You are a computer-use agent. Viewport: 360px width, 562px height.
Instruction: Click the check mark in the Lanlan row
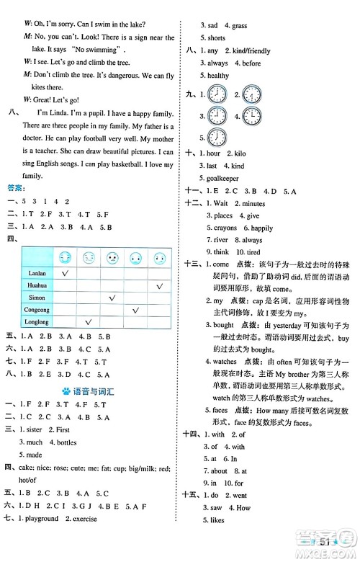66,273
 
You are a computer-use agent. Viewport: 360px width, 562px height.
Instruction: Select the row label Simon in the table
36,297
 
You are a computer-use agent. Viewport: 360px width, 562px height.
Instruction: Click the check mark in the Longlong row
89,321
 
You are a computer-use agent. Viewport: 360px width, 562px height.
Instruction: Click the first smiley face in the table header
66,257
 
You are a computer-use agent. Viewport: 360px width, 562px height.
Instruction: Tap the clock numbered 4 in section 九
252,115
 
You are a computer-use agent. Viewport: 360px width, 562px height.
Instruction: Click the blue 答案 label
14,190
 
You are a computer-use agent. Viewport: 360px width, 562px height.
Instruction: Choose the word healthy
219,76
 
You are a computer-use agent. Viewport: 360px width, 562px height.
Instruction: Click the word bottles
65,442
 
